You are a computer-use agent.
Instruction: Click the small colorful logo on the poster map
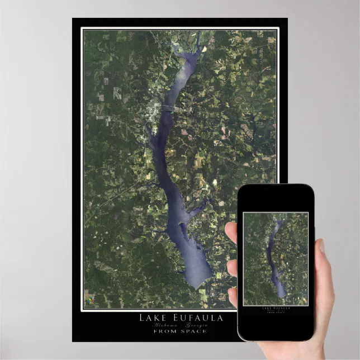89,302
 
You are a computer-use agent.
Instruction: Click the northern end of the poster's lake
198,35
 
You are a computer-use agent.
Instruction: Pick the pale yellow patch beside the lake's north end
204,49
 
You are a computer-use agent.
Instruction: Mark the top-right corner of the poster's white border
277,29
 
